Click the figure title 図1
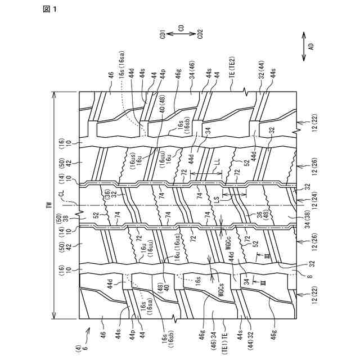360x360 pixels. pos(50,8)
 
